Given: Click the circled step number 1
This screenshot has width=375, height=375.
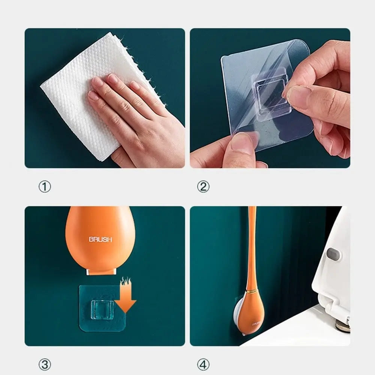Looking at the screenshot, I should [45, 186].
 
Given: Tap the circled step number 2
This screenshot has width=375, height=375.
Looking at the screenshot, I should [203, 186].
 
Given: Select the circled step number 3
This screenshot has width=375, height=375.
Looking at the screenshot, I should [45, 364].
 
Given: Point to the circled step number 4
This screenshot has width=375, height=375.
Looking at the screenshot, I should [203, 364].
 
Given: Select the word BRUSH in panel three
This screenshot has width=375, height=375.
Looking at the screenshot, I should [100, 239].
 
